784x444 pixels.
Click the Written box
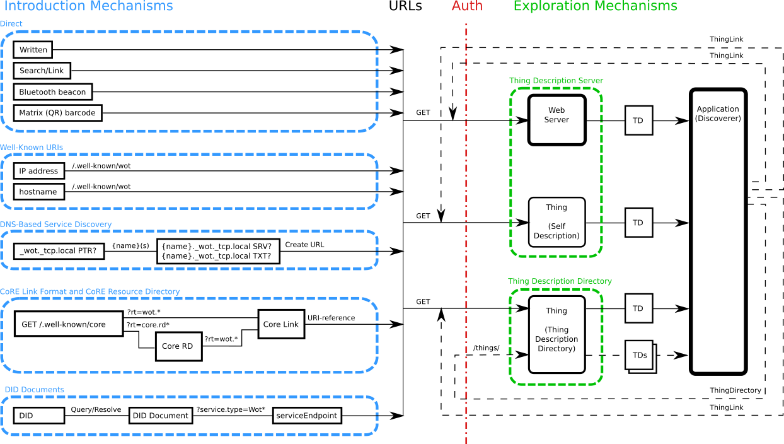point(33,50)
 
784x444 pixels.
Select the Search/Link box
point(42,71)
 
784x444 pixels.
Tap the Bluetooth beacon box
point(52,92)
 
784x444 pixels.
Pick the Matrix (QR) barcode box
point(57,113)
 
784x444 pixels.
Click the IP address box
point(38,171)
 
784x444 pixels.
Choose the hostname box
point(38,192)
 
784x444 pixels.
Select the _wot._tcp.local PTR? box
point(59,251)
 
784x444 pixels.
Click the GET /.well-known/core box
point(68,324)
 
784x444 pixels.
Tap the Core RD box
point(178,346)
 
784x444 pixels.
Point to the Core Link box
point(281,324)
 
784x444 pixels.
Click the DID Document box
point(161,416)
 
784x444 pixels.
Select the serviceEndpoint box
point(307,416)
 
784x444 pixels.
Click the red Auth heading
point(467,7)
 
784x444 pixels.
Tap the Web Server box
point(556,120)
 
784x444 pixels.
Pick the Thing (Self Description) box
point(556,222)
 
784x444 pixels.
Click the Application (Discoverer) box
point(718,231)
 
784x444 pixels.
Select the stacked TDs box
point(640,356)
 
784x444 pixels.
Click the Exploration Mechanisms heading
point(595,7)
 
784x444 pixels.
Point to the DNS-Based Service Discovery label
point(55,225)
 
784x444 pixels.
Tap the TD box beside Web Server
point(638,120)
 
